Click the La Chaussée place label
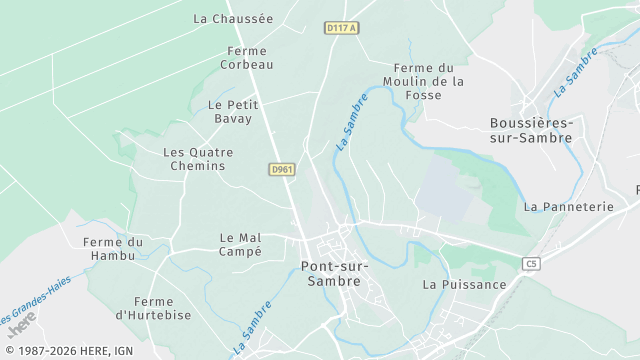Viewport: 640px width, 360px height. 232,18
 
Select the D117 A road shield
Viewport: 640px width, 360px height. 342,28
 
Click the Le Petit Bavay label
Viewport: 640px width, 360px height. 233,111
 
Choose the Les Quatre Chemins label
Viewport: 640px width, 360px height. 198,159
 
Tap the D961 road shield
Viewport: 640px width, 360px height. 282,170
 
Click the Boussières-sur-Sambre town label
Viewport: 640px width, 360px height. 530,130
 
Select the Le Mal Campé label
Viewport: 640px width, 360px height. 240,244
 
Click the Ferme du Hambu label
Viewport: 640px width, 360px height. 114,249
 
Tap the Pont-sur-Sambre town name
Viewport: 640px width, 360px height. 334,273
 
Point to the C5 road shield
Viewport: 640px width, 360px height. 531,263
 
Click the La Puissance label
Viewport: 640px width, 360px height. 464,284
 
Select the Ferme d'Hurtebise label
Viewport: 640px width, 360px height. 153,308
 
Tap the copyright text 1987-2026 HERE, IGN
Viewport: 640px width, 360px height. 68,350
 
